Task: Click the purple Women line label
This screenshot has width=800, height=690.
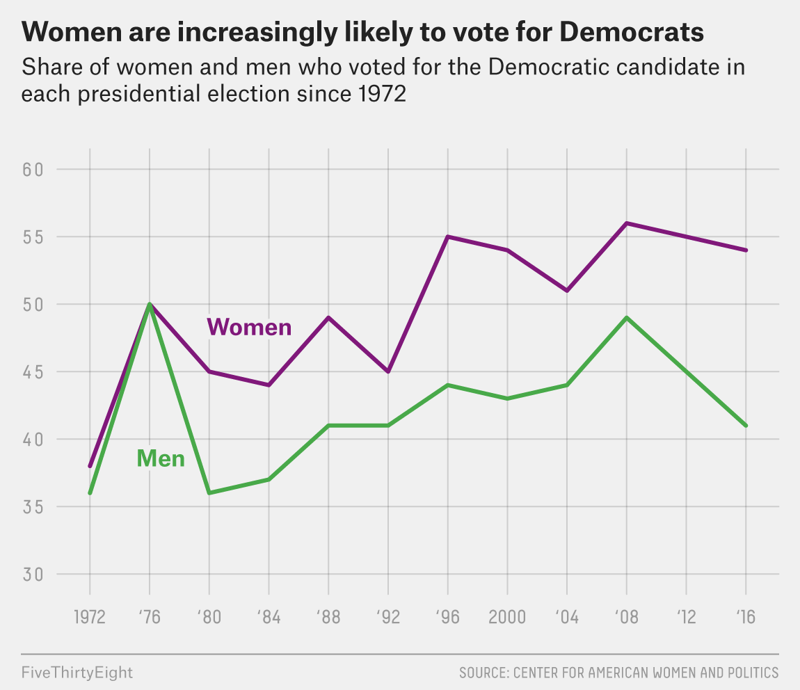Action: [x=249, y=326]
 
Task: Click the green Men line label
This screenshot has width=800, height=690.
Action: [x=161, y=458]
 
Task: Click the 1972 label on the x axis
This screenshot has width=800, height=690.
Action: [x=90, y=618]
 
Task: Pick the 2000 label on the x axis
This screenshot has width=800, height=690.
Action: [x=507, y=618]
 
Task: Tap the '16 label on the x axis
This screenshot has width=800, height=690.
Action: [x=746, y=618]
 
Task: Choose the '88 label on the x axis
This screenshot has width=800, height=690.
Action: [x=328, y=618]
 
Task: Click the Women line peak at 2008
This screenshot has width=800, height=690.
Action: [x=627, y=223]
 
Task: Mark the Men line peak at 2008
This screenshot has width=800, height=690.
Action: [x=627, y=318]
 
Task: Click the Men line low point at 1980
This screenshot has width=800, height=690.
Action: [x=209, y=493]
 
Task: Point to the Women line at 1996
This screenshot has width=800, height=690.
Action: [x=448, y=236]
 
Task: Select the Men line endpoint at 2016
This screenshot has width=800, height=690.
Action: [x=746, y=426]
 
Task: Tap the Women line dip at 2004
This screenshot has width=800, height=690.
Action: [x=567, y=291]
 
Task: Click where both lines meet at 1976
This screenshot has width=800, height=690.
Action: [x=150, y=304]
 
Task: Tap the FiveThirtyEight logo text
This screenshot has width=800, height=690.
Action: [x=77, y=673]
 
